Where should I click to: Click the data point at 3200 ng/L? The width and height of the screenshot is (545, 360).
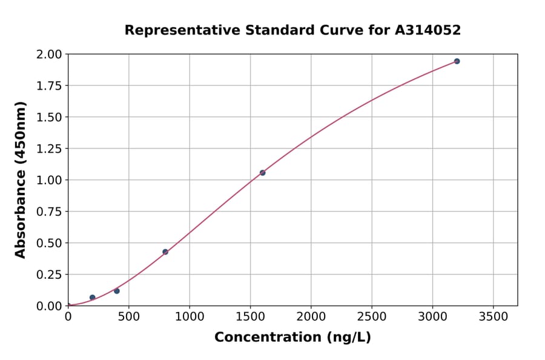point(457,61)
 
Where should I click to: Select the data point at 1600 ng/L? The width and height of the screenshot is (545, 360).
point(262,173)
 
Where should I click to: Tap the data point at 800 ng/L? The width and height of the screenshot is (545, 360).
point(165,252)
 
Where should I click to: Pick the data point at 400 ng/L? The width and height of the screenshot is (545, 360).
point(117,291)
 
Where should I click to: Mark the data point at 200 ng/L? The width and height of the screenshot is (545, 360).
point(93,298)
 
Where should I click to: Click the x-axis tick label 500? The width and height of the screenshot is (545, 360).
point(128,317)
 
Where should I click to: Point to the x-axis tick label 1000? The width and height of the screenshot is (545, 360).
point(190,317)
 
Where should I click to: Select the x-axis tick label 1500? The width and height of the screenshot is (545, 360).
point(250,317)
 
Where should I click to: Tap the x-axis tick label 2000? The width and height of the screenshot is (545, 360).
point(311,317)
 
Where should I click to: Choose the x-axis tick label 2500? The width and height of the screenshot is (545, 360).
point(372,317)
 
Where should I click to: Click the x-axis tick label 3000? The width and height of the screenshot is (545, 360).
point(432,317)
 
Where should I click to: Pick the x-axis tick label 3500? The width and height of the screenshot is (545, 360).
point(494,317)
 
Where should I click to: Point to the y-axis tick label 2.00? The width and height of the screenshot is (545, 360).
point(49,55)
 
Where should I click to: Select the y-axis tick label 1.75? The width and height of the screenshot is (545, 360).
point(49,86)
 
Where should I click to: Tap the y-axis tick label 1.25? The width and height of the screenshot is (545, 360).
point(49,148)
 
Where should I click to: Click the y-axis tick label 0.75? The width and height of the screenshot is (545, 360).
point(49,212)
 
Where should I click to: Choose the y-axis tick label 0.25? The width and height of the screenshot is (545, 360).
point(49,275)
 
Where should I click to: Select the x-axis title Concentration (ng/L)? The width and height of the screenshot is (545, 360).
point(292,338)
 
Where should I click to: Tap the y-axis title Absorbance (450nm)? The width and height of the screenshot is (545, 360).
point(21,180)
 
